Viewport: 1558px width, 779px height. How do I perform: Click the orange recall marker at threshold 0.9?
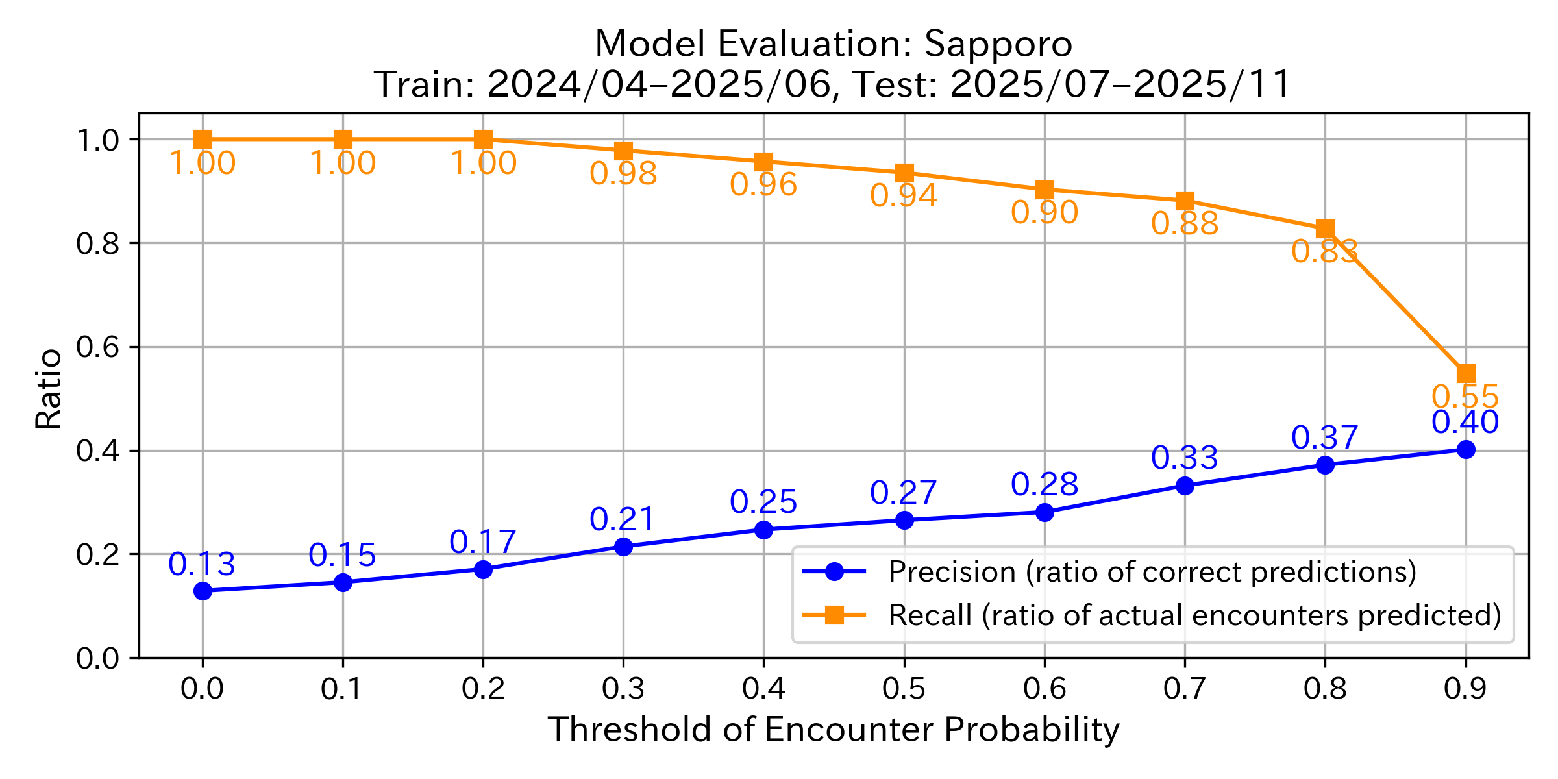coord(1465,373)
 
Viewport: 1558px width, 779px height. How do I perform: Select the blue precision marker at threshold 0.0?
coord(203,591)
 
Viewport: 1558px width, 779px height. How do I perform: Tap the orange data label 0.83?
coord(1324,251)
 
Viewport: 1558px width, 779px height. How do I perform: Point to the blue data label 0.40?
coord(1465,422)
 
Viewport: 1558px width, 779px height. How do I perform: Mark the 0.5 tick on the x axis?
coord(904,689)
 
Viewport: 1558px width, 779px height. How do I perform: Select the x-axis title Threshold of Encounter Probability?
coord(834,730)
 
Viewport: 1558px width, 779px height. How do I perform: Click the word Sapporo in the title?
coord(998,44)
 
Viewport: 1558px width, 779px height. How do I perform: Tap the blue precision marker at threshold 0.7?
coord(1185,486)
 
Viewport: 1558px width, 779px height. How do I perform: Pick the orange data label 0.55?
coord(1465,397)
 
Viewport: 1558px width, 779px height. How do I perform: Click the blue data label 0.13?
coord(202,564)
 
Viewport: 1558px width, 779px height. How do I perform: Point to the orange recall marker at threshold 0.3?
coord(623,151)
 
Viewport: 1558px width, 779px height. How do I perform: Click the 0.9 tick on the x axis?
coord(1465,689)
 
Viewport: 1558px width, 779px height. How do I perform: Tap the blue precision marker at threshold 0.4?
coord(763,530)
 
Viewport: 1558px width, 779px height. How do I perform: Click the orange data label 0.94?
coord(904,195)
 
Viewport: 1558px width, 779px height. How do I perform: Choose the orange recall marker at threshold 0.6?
coord(1045,190)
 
